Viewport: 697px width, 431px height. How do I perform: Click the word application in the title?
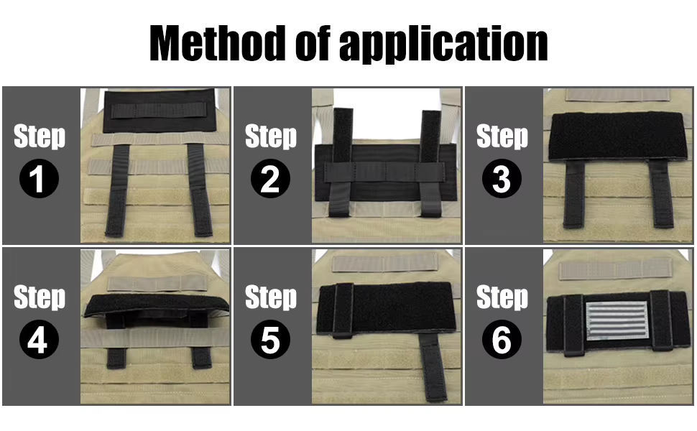click(x=443, y=45)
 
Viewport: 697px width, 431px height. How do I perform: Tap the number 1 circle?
click(x=39, y=178)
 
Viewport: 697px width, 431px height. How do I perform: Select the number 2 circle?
click(x=270, y=178)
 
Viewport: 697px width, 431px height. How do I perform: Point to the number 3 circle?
click(x=502, y=178)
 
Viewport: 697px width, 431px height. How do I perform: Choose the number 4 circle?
click(x=39, y=339)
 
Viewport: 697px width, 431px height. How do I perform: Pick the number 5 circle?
click(x=270, y=339)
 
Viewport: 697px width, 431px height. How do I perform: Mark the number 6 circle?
click(x=502, y=339)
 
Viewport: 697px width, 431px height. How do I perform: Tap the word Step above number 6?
click(x=502, y=297)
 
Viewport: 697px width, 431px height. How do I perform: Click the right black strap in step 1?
click(x=199, y=190)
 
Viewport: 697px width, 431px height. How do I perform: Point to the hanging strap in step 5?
click(x=433, y=366)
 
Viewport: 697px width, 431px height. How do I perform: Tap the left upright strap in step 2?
click(x=342, y=162)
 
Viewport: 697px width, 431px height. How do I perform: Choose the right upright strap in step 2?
click(x=430, y=163)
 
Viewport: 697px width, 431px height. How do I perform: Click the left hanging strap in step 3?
click(x=573, y=194)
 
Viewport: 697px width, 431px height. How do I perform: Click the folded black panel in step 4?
click(x=157, y=305)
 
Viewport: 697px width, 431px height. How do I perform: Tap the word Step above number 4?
click(x=39, y=297)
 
